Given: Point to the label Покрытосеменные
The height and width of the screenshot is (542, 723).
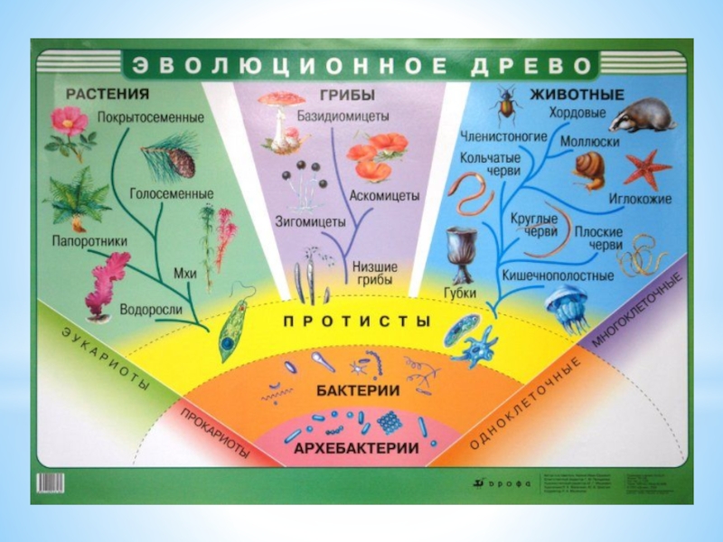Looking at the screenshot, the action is coord(164,117).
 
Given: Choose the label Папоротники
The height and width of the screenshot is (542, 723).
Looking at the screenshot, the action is coord(89,241).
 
